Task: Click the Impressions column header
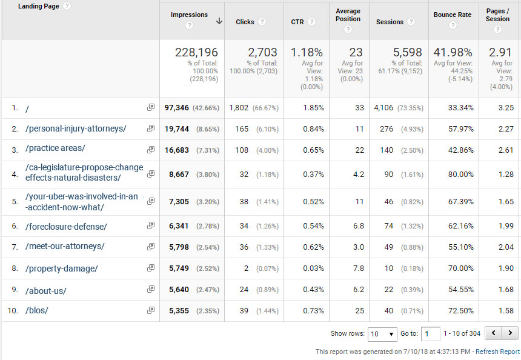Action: pyautogui.click(x=189, y=15)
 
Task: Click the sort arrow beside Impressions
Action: pyautogui.click(x=219, y=21)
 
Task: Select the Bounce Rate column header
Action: pyautogui.click(x=453, y=15)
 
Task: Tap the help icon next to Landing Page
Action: pyautogui.click(x=67, y=6)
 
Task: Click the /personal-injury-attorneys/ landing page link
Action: pyautogui.click(x=76, y=128)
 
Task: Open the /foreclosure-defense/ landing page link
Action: pyautogui.click(x=66, y=227)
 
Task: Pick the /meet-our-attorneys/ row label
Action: pyautogui.click(x=65, y=246)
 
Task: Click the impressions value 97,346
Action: pyautogui.click(x=177, y=108)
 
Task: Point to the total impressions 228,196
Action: pyautogui.click(x=196, y=53)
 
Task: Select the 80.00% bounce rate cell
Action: pyautogui.click(x=461, y=175)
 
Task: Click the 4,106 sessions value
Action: pyautogui.click(x=383, y=108)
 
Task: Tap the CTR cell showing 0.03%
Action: pyautogui.click(x=314, y=268)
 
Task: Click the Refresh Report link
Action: pyautogui.click(x=497, y=352)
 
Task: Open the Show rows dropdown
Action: pyautogui.click(x=382, y=333)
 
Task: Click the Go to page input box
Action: pyautogui.click(x=431, y=333)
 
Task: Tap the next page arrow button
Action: pyautogui.click(x=511, y=333)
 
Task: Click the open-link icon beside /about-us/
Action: pyautogui.click(x=150, y=290)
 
